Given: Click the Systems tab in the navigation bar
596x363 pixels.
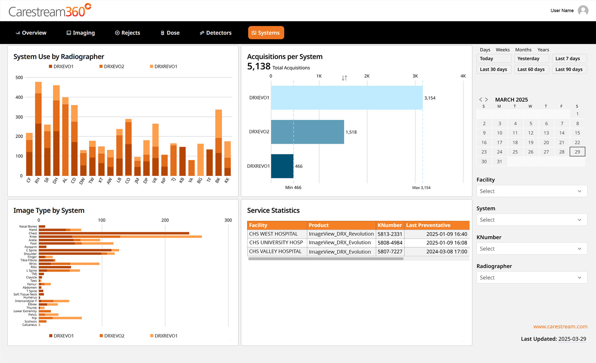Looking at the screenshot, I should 266,33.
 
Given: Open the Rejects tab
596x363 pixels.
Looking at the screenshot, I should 128,33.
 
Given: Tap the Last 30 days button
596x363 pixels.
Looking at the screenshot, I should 493,69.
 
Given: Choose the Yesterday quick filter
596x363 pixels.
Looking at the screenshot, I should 531,59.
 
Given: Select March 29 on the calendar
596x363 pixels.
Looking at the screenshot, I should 577,152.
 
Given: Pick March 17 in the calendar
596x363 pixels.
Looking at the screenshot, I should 499,142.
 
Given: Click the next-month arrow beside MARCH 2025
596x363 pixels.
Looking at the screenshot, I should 486,100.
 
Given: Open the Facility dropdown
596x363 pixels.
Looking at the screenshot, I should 531,191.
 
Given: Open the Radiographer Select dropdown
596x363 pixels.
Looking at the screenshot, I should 531,277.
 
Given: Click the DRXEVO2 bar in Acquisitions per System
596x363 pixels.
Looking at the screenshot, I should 307,132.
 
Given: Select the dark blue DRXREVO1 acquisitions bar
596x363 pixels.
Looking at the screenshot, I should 282,166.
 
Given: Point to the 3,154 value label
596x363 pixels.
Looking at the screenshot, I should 430,98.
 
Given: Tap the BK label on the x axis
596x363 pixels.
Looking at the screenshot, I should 218,180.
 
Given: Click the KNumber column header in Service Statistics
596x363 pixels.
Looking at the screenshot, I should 389,225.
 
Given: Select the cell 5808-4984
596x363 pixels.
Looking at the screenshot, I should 390,243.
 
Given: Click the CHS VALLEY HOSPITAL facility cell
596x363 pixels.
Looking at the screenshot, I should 275,251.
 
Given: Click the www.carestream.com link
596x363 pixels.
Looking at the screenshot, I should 560,326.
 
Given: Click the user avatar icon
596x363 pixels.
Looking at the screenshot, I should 583,11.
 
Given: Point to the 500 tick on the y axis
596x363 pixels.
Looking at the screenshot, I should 19,78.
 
